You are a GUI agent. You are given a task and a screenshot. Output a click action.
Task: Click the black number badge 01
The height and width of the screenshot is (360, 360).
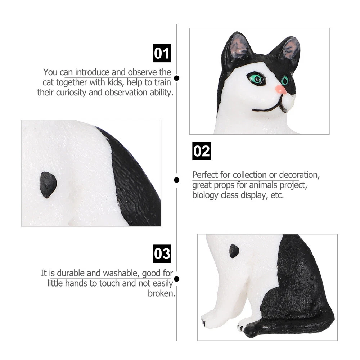click(162, 53)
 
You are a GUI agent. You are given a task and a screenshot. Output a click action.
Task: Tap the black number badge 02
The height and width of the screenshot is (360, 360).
click(201, 151)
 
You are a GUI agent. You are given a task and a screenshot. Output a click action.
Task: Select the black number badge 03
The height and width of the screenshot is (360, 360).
click(162, 254)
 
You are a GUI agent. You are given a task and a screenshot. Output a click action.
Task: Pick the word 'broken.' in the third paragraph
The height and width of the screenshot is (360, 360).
click(161, 293)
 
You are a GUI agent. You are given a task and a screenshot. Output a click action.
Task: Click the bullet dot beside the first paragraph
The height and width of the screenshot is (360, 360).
click(176, 78)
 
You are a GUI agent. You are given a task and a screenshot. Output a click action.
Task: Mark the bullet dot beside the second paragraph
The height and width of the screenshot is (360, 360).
click(176, 180)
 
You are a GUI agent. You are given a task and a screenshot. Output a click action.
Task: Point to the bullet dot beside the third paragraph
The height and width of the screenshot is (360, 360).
click(176, 279)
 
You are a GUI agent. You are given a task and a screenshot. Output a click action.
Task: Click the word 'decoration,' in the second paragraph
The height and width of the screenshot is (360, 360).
click(300, 175)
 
